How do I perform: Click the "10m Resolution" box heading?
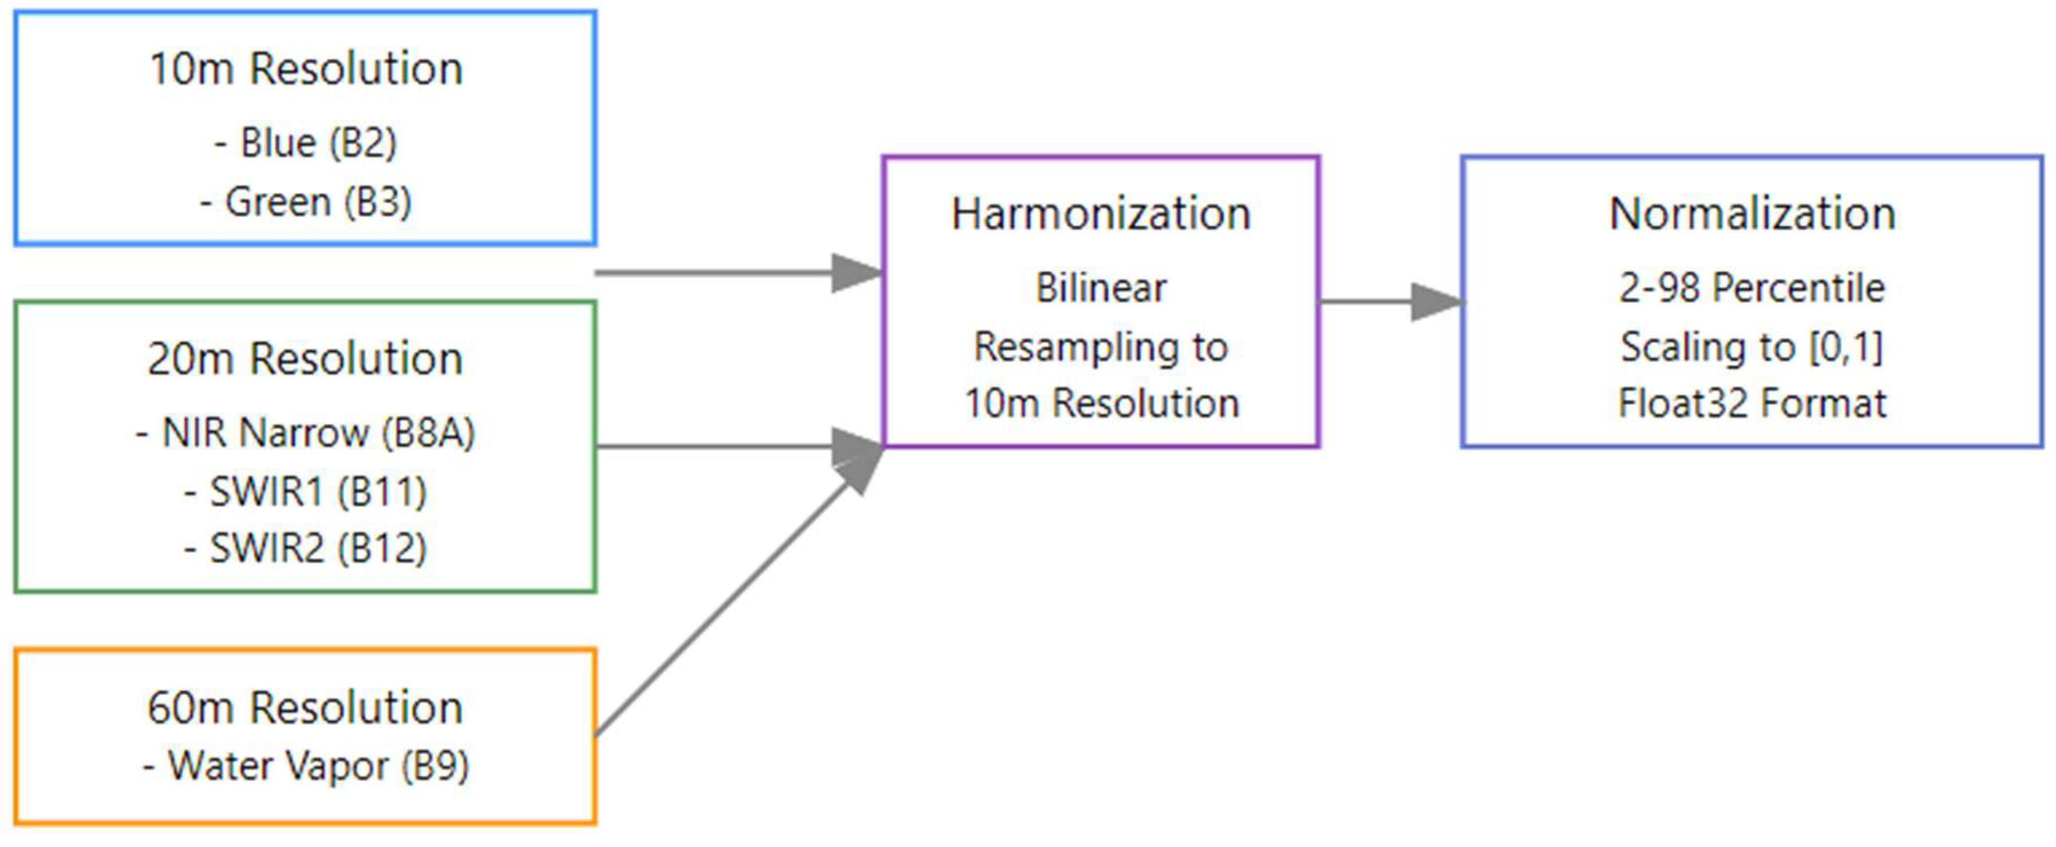[306, 69]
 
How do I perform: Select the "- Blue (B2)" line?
[306, 144]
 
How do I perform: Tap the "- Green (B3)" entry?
[306, 202]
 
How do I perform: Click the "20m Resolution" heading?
[305, 359]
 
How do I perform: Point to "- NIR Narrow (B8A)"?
[305, 434]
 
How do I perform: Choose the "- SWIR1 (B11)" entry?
[305, 492]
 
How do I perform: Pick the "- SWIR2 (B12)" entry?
[305, 549]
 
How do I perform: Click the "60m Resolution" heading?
[305, 708]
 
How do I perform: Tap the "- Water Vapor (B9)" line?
[305, 766]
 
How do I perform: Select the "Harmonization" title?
[1101, 214]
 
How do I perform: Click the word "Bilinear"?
[1101, 288]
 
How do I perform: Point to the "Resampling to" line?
[1101, 347]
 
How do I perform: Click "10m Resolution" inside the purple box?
[1101, 403]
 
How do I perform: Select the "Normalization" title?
[1752, 214]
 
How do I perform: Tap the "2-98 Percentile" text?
[1752, 288]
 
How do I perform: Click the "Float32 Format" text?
[1752, 403]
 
